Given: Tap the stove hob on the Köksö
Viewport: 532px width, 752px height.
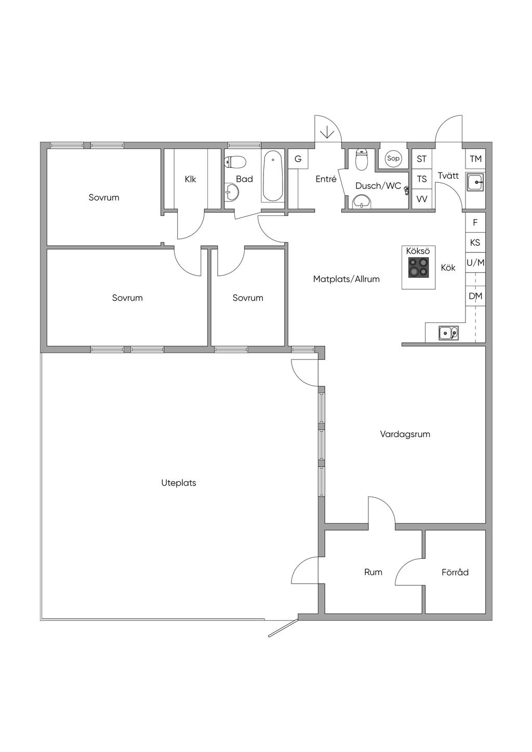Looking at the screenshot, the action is click(x=418, y=267).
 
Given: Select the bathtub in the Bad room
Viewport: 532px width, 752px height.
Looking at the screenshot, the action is click(x=273, y=176).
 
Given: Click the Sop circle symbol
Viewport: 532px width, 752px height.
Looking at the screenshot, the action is click(x=393, y=158).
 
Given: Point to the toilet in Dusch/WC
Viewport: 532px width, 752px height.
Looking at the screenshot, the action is click(x=362, y=159).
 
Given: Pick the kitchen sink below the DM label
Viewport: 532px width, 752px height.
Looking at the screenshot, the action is click(x=448, y=333).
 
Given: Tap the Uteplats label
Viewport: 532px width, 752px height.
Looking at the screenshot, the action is click(x=179, y=483).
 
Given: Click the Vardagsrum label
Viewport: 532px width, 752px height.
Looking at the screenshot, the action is click(x=405, y=434).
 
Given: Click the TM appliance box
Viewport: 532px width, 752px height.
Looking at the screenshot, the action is click(x=475, y=159).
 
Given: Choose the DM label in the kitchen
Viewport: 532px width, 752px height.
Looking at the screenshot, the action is click(x=475, y=296).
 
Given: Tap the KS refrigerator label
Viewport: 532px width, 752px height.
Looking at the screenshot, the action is click(x=475, y=243).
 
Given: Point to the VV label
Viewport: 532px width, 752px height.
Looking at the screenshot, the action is click(x=422, y=199).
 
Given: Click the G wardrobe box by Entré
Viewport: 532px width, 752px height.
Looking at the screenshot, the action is click(x=298, y=159).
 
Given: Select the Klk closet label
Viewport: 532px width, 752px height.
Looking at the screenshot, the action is click(x=191, y=179).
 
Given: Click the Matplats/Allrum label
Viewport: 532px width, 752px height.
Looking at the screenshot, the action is click(x=347, y=279).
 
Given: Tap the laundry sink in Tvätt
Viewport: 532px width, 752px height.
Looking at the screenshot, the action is click(x=475, y=182).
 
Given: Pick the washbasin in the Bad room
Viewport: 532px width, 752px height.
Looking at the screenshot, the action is click(x=231, y=192).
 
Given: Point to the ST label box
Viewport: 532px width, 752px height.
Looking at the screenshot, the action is click(x=422, y=159).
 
